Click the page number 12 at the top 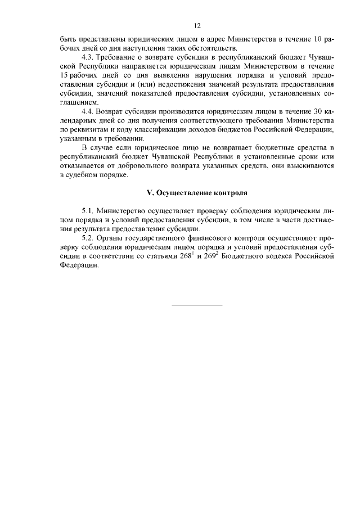(197, 26)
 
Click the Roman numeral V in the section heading (149, 192)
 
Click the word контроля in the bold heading (231, 192)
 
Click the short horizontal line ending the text (197, 304)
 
